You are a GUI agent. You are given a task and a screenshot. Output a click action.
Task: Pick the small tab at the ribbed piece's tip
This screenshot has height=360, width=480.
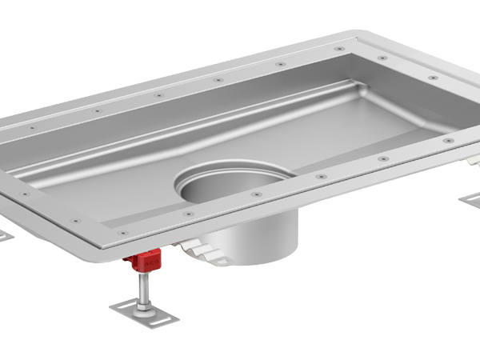tap(227, 261)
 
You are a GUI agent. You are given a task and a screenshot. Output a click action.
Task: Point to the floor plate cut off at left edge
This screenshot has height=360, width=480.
tap(4, 237)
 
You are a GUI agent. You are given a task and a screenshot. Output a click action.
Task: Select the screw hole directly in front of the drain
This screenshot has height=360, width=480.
tap(257, 194)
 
